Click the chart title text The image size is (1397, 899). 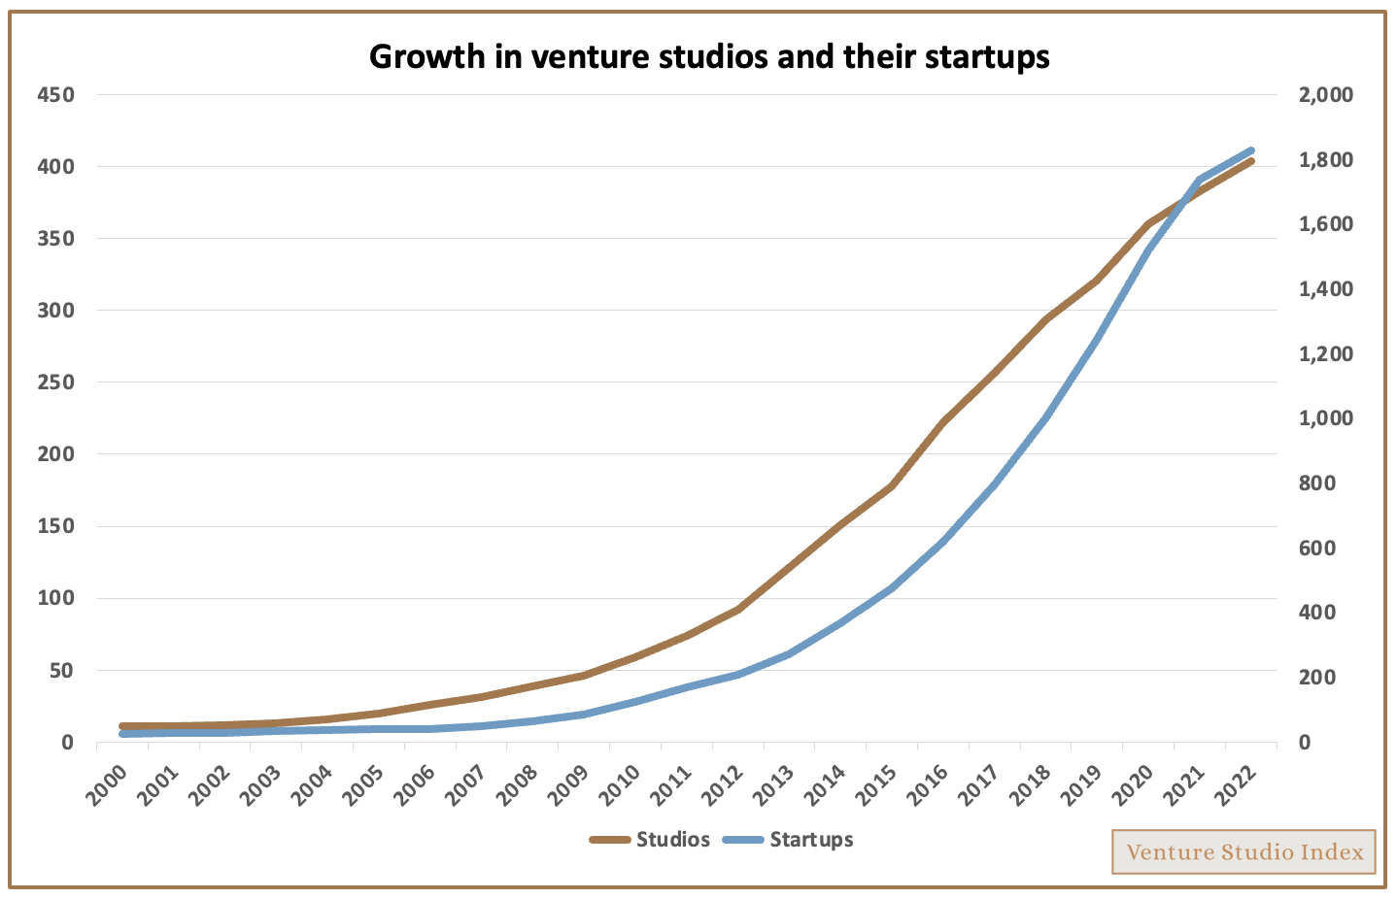point(709,56)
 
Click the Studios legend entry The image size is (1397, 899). point(650,840)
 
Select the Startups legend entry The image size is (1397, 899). point(788,840)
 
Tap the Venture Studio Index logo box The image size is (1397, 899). point(1244,851)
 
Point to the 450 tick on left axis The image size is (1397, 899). point(55,95)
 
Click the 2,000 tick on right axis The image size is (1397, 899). point(1325,95)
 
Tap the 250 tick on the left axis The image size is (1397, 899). point(55,383)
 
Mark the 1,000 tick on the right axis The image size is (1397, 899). point(1325,418)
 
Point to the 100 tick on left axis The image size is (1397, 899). point(55,598)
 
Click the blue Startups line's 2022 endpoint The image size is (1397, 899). point(1251,150)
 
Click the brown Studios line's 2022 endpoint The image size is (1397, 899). point(1251,161)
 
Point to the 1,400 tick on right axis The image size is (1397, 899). point(1325,289)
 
